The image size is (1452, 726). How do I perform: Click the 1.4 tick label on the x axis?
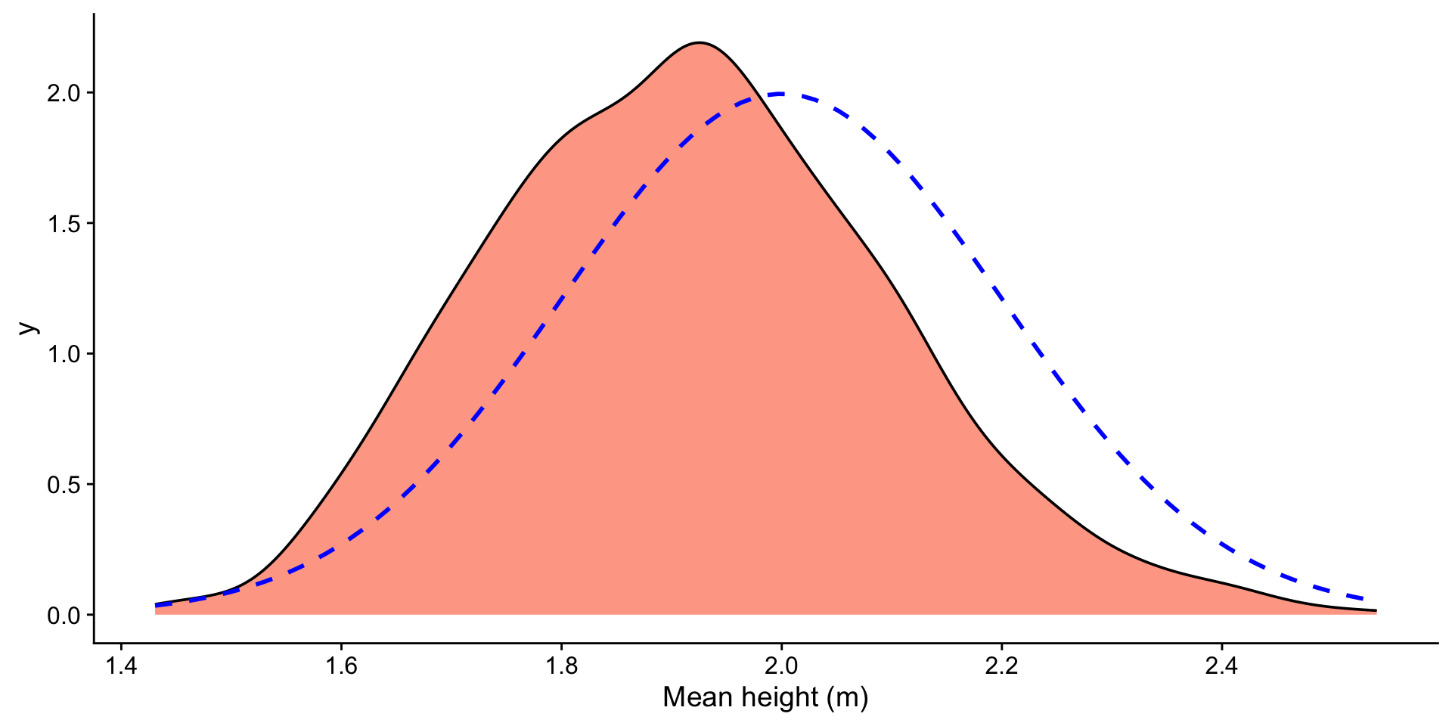pyautogui.click(x=120, y=666)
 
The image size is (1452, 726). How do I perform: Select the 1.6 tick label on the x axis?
pyautogui.click(x=340, y=666)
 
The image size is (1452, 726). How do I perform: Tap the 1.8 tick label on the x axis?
pyautogui.click(x=560, y=666)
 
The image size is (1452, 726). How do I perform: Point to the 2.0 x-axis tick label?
pyautogui.click(x=780, y=666)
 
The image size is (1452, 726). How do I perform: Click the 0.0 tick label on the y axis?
pyautogui.click(x=64, y=616)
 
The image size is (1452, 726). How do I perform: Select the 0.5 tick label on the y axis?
pyautogui.click(x=64, y=485)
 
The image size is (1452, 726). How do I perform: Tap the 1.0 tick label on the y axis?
pyautogui.click(x=64, y=354)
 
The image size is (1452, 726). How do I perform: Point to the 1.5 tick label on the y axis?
pyautogui.click(x=64, y=224)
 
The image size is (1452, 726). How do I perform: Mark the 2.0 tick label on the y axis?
pyautogui.click(x=64, y=93)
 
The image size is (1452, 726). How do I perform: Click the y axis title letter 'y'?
pyautogui.click(x=29, y=327)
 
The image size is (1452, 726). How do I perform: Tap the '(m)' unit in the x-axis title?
pyautogui.click(x=848, y=697)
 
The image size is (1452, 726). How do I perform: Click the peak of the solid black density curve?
pyautogui.click(x=700, y=42)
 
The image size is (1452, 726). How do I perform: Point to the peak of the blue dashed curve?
pyautogui.click(x=779, y=94)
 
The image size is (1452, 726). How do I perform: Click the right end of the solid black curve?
pyautogui.click(x=1376, y=610)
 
